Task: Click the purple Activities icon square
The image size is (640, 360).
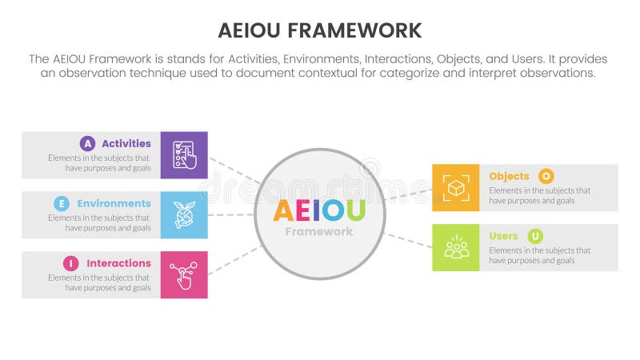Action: (x=184, y=154)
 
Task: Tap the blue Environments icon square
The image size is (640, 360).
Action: (x=184, y=214)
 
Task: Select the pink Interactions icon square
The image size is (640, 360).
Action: (x=184, y=274)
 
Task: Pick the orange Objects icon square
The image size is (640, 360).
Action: (x=456, y=188)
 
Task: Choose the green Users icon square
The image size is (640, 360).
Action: (x=456, y=247)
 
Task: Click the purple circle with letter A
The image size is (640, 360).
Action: (x=87, y=144)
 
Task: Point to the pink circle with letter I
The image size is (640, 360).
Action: (x=72, y=263)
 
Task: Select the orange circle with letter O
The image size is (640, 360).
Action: (x=546, y=176)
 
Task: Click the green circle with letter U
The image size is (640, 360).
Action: (x=534, y=236)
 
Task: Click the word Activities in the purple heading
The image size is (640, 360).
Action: (x=126, y=144)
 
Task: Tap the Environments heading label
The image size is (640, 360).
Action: (x=114, y=203)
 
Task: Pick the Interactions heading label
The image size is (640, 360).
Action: (x=118, y=263)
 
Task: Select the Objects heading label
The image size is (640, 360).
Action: (x=509, y=176)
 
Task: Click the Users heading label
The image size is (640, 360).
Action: (x=503, y=236)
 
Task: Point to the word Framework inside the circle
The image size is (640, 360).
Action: (x=319, y=232)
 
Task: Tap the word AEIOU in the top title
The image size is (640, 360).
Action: (x=248, y=30)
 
